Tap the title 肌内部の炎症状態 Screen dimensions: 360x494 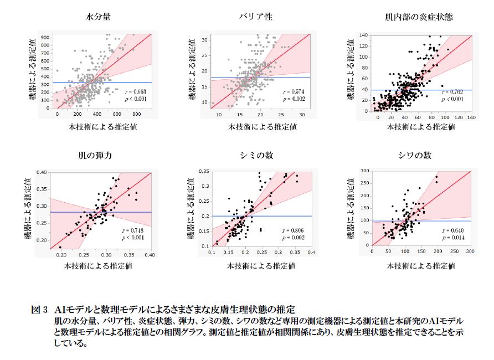pyautogui.click(x=419, y=17)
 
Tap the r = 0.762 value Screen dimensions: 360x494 pyautogui.click(x=452, y=91)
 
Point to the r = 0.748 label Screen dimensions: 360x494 pyautogui.click(x=133, y=229)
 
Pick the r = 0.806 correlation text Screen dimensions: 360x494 pyautogui.click(x=293, y=229)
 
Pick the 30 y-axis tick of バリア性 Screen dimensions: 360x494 pyautogui.click(x=205, y=40)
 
